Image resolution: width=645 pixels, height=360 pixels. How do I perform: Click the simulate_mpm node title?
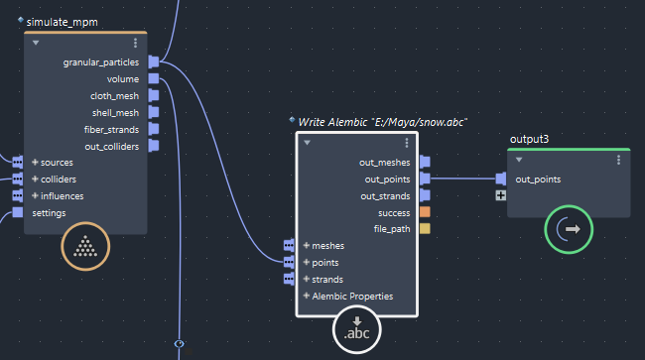[62, 21]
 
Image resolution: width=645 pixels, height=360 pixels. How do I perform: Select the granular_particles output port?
[154, 61]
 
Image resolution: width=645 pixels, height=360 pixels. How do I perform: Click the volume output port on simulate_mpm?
[154, 79]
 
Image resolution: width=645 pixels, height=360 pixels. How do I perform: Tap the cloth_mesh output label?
[114, 96]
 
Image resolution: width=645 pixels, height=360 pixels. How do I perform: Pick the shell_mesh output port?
[154, 113]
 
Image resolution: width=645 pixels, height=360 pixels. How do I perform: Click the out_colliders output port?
[154, 147]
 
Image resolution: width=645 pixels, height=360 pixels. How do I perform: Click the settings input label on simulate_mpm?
[50, 212]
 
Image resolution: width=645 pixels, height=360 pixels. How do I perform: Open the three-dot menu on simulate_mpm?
[136, 44]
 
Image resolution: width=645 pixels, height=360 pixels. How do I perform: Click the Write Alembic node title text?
[382, 121]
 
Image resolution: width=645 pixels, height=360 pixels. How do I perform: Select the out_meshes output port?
[425, 162]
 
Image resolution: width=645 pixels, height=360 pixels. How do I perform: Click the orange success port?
[425, 212]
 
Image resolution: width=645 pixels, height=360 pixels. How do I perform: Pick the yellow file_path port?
[425, 229]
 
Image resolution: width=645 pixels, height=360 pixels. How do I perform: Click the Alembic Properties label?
[352, 296]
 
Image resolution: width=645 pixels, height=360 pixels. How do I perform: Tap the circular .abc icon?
[356, 328]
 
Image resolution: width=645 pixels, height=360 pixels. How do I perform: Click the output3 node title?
[529, 140]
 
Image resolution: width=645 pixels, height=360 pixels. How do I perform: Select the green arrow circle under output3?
[569, 229]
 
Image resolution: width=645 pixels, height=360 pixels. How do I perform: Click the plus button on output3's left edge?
[501, 196]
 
